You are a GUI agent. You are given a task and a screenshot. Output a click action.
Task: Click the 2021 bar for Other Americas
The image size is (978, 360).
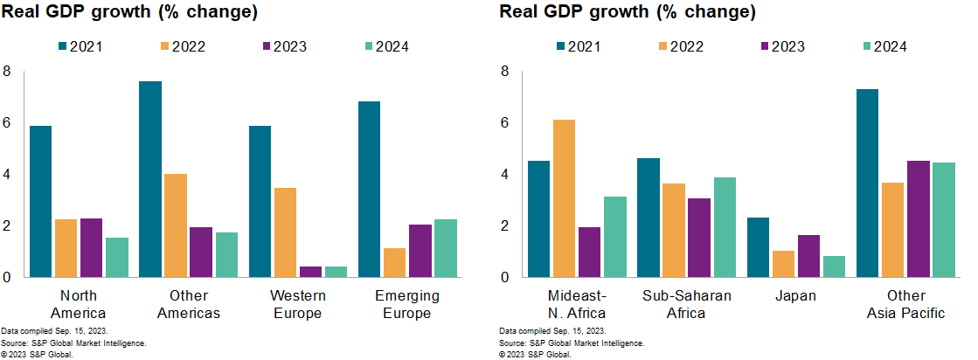point(150,179)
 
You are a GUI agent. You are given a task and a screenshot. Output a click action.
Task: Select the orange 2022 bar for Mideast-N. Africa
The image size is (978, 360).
point(565,198)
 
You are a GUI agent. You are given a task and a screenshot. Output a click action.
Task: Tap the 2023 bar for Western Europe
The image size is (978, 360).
point(310,272)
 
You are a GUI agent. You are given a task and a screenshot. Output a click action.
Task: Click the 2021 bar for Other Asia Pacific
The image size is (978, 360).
point(868,183)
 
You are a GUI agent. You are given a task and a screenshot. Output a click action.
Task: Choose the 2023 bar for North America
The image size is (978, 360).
point(91,247)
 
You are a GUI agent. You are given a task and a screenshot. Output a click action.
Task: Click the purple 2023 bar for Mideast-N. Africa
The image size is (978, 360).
point(591,252)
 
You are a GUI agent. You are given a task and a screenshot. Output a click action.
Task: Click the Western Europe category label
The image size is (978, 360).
point(297,304)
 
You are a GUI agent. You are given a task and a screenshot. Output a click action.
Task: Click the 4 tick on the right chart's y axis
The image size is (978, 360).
point(503,175)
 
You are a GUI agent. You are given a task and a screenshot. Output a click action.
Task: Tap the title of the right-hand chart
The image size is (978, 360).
point(628,12)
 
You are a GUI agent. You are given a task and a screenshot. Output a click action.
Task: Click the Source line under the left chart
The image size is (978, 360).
point(73,343)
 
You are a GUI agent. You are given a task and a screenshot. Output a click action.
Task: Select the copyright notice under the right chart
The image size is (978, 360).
point(536,355)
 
